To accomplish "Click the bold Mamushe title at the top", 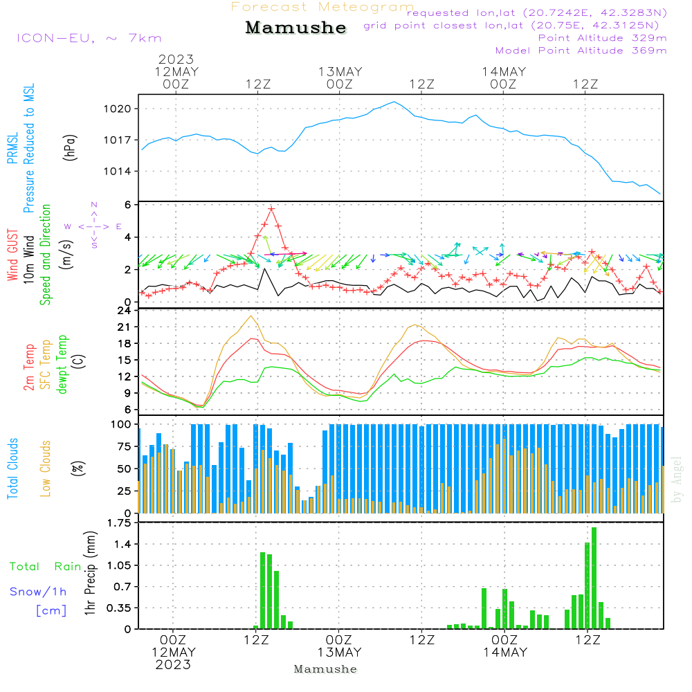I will [x=295, y=28].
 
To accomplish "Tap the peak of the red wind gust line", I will [x=271, y=208].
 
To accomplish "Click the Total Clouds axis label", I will [x=13, y=468].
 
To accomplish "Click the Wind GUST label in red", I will [x=13, y=256].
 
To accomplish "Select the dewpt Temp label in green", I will [x=62, y=365].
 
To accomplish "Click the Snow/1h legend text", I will [x=38, y=592].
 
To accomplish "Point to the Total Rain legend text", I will [x=45, y=566].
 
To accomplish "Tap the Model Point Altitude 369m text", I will [x=581, y=51].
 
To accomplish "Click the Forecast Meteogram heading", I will [x=322, y=7].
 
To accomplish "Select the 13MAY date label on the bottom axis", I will [x=340, y=653].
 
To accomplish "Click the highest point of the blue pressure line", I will [x=394, y=102].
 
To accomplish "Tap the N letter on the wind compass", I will [x=94, y=205].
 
